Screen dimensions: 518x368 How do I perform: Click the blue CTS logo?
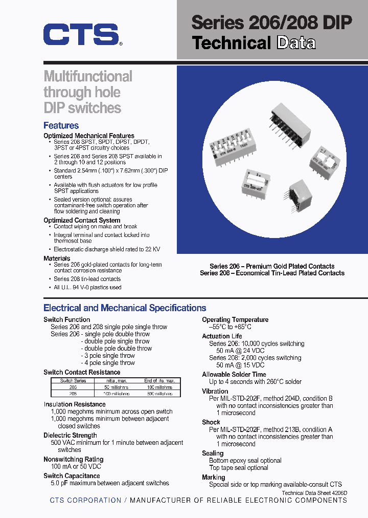(x=81, y=35)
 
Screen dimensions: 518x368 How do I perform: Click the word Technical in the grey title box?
(x=231, y=43)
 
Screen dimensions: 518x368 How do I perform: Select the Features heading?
(x=61, y=125)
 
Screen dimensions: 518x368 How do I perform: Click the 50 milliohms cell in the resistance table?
(x=116, y=387)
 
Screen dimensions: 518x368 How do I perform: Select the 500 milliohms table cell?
(x=159, y=394)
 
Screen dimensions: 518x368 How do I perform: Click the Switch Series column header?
(x=73, y=381)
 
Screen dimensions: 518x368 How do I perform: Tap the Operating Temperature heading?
(x=235, y=319)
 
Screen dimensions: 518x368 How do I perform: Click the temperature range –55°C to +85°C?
(x=230, y=327)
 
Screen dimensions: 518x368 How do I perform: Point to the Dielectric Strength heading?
(x=70, y=436)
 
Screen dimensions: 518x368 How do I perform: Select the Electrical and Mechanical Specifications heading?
(x=125, y=308)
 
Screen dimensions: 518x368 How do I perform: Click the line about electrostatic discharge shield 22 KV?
(x=107, y=249)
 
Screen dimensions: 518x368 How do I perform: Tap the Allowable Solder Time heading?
(x=234, y=374)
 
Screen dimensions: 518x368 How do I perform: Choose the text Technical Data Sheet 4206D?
(x=314, y=492)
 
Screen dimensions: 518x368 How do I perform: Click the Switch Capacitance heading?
(x=72, y=476)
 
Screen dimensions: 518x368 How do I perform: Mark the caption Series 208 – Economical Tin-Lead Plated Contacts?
(x=272, y=273)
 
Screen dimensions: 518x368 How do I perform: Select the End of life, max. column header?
(x=159, y=381)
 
